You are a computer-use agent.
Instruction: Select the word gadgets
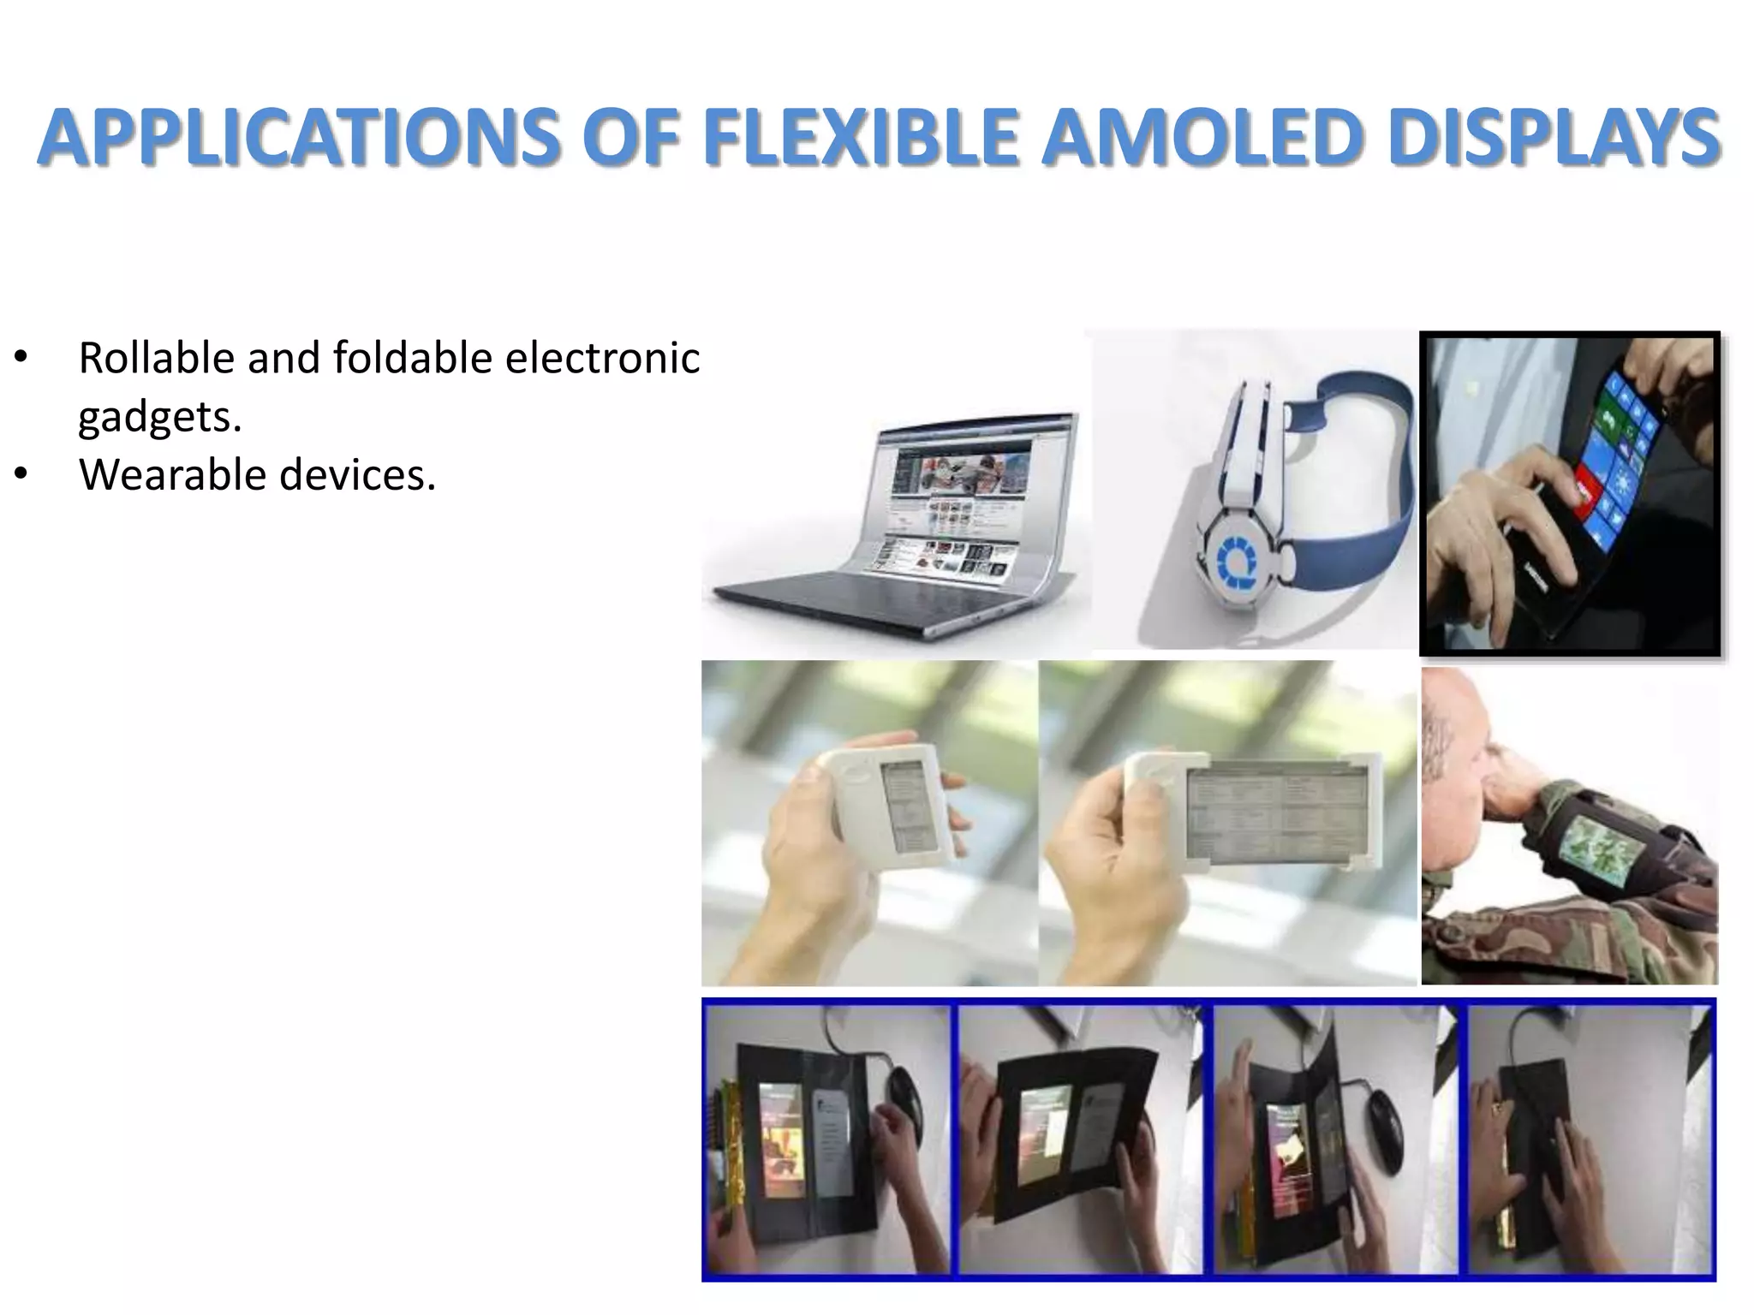(159, 417)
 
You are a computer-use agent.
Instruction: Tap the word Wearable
(172, 474)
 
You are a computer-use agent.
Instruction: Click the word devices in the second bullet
(357, 474)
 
